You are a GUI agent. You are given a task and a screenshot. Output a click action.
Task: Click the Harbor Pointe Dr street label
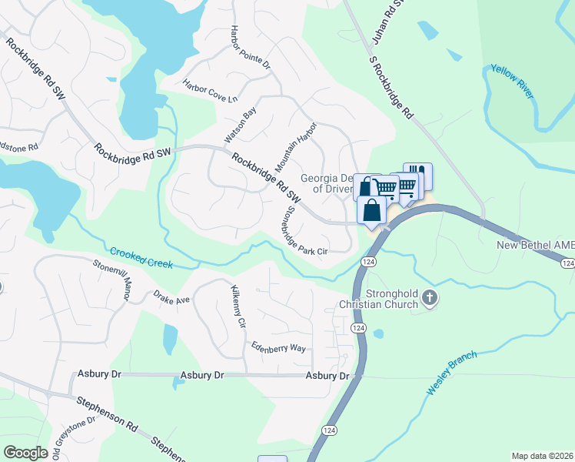click(250, 47)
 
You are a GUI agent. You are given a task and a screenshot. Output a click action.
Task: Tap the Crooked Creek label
click(141, 258)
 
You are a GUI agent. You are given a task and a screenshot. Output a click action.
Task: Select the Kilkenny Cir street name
click(237, 307)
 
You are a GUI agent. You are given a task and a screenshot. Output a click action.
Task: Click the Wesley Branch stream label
click(451, 373)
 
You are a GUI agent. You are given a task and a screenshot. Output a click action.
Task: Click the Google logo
click(26, 453)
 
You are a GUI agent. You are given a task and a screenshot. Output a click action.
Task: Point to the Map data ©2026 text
click(541, 456)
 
